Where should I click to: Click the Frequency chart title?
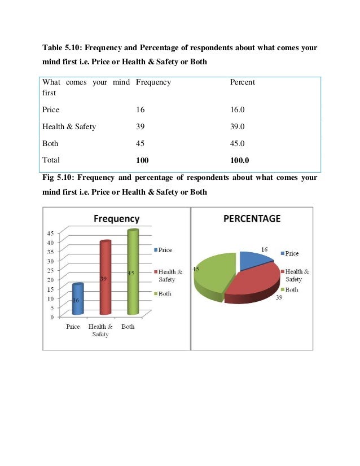[x=116, y=218]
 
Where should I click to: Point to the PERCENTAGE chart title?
[x=252, y=218]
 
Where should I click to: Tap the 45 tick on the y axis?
[x=50, y=232]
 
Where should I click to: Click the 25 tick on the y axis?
[x=50, y=270]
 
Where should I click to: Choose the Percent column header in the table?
[x=243, y=82]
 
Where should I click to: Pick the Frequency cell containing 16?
[x=141, y=110]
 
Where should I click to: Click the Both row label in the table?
[x=51, y=143]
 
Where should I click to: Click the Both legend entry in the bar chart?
[x=164, y=293]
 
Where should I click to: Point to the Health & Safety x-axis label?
[x=100, y=330]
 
